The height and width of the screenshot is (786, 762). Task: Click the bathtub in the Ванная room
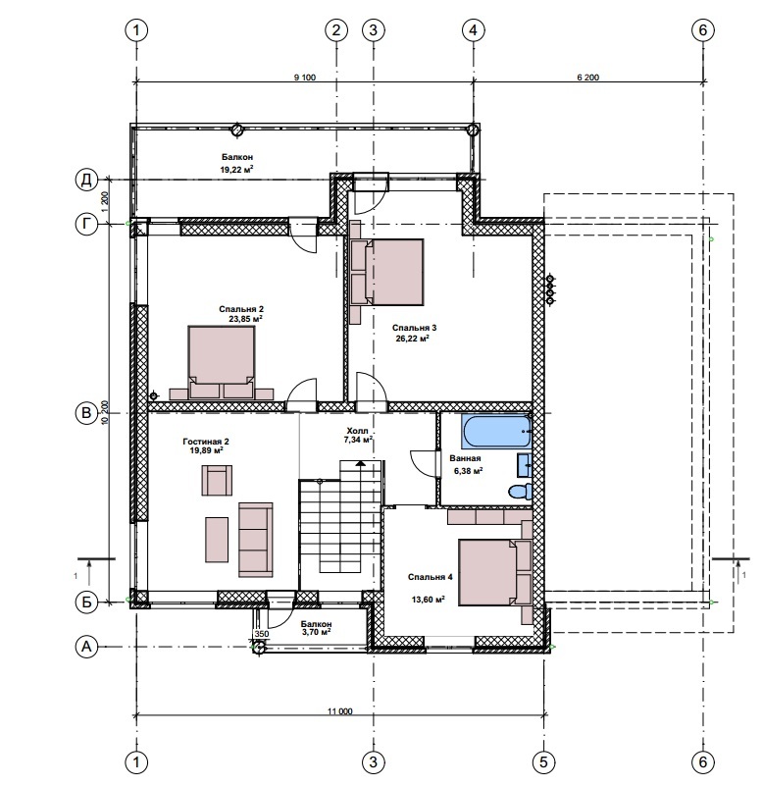(496, 431)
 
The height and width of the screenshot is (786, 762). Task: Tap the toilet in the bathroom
(520, 492)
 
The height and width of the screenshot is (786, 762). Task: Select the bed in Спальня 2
(221, 362)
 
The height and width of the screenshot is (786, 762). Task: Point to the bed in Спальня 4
(495, 572)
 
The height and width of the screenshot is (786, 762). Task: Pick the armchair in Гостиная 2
(217, 480)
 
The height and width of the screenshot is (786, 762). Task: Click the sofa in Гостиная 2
(256, 540)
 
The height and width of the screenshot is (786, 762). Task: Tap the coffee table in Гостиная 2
(217, 540)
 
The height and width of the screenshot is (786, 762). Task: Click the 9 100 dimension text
(305, 78)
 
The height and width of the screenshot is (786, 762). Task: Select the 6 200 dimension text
(588, 78)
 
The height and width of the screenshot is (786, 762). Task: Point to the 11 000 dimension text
(340, 710)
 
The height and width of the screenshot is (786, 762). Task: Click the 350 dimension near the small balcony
(262, 634)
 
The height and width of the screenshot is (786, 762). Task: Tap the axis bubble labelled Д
(86, 180)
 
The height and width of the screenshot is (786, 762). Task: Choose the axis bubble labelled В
(86, 413)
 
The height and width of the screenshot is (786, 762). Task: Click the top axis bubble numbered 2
(336, 30)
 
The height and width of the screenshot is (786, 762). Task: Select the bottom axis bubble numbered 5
(543, 762)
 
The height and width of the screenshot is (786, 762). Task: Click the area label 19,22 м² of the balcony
(237, 170)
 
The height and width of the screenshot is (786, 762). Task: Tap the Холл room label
(357, 431)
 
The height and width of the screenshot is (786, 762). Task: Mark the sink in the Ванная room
(525, 465)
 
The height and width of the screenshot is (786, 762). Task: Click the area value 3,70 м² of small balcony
(316, 632)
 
